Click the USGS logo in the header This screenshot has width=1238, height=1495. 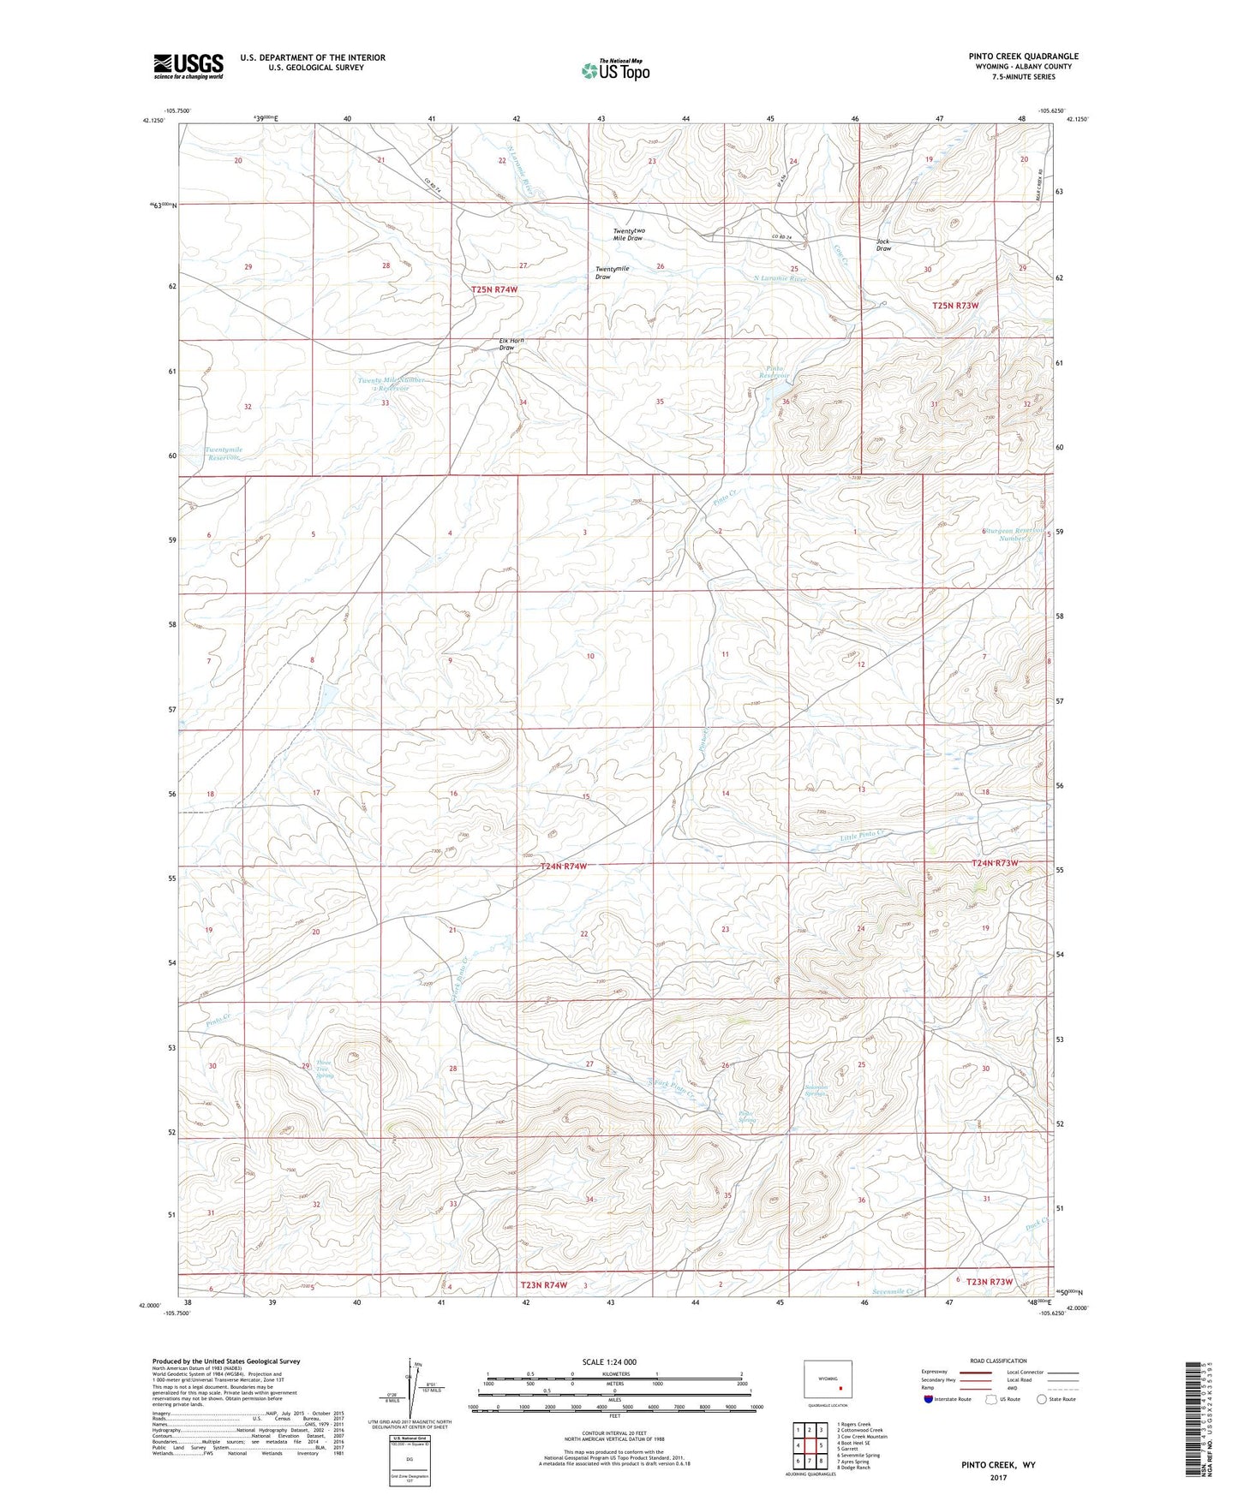(x=188, y=66)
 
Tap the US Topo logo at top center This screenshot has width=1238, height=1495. (x=614, y=70)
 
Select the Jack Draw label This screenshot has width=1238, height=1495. (x=883, y=245)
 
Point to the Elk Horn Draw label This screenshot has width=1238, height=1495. (x=511, y=344)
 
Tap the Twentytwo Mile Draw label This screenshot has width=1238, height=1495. (x=628, y=235)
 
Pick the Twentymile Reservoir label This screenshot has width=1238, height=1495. (x=224, y=454)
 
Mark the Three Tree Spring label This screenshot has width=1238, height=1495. (x=324, y=1067)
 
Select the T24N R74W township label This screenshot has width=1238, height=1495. (x=564, y=867)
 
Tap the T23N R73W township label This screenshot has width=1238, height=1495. (x=990, y=1282)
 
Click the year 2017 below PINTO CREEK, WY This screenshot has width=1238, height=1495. (x=998, y=1478)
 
